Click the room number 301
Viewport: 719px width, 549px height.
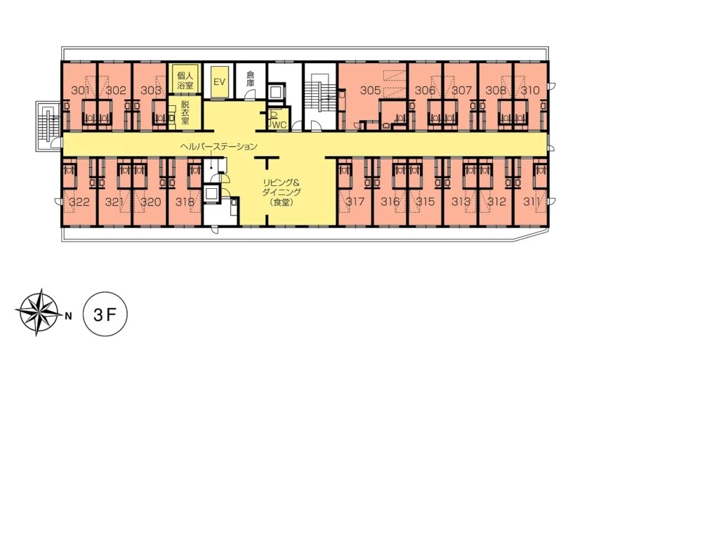79,90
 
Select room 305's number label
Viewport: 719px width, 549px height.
371,90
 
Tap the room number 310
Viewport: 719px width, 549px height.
531,90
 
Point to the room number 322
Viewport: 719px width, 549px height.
79,201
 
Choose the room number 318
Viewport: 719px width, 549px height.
185,201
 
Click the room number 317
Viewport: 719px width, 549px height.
355,201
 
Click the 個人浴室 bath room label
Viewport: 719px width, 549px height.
185,79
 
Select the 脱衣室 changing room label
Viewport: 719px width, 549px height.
185,113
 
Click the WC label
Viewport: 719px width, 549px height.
279,124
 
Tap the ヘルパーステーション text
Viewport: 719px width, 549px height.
219,146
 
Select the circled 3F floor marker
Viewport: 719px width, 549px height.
105,314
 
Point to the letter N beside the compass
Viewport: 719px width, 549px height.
68,316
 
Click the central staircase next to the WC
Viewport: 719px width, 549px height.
319,95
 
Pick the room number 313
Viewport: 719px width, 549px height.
461,201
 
